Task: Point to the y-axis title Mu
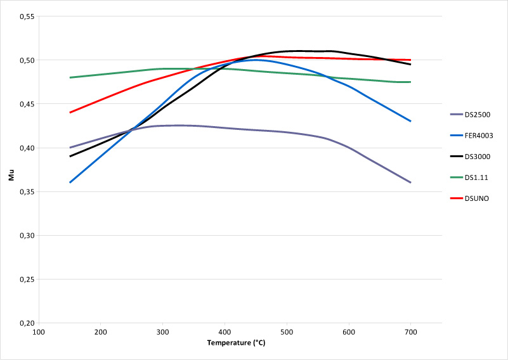[11, 174]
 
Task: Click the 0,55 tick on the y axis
[24, 16]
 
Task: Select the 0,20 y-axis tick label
[24, 323]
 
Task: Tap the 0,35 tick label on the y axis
[24, 191]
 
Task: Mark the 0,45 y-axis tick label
[24, 104]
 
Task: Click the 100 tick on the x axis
[39, 331]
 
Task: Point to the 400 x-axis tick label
[225, 331]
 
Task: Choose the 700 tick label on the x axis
[411, 331]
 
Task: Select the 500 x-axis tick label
[287, 331]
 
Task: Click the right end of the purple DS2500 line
[411, 183]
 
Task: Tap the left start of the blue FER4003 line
[70, 183]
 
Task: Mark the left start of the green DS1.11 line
[70, 77]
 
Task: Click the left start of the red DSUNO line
[70, 112]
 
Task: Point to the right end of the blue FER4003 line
[411, 121]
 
